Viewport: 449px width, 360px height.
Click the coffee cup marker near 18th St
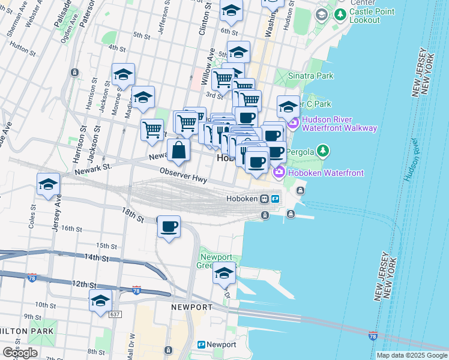point(169,226)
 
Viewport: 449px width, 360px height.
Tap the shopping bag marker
point(178,150)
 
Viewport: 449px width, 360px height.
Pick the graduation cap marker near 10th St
point(100,301)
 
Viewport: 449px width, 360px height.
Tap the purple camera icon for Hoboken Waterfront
point(279,173)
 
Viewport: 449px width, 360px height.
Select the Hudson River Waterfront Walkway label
point(339,123)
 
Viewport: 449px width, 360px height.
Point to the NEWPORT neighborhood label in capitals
point(191,307)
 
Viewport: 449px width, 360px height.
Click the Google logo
point(20,353)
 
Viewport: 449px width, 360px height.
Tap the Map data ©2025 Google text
point(412,355)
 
